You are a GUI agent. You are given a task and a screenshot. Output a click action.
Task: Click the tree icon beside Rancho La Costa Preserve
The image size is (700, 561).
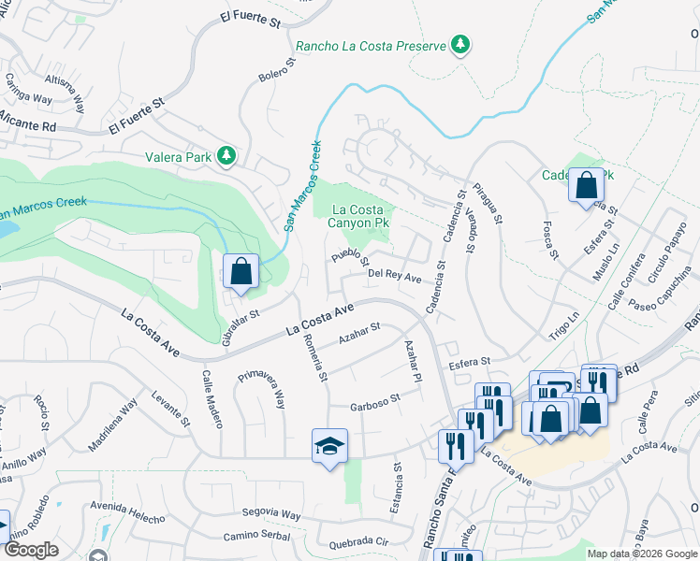pos(460,44)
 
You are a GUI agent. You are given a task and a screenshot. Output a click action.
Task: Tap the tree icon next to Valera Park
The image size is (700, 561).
pos(226,157)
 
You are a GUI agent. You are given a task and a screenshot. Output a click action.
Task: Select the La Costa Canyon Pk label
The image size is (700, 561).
pos(360,215)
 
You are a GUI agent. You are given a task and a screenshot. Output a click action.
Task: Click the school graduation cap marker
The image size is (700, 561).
pos(330,447)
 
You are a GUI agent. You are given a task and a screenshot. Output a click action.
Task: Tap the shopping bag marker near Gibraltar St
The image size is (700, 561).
pos(241,272)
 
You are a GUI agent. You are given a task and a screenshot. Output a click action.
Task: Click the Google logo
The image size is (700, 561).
pos(31,550)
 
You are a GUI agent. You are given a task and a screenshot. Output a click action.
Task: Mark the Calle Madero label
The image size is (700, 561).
pos(211,398)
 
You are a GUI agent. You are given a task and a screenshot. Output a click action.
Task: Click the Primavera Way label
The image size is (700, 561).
pos(261,388)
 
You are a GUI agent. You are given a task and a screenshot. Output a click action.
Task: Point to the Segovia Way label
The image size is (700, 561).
pos(270,515)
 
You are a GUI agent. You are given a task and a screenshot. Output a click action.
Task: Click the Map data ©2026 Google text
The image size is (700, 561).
pos(641,554)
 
